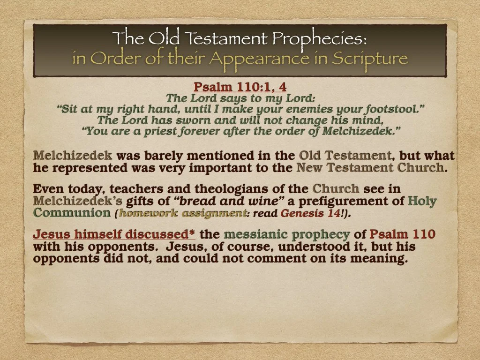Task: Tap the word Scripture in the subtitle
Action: click(370, 59)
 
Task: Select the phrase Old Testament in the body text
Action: click(345, 155)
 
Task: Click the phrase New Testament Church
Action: click(370, 167)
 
